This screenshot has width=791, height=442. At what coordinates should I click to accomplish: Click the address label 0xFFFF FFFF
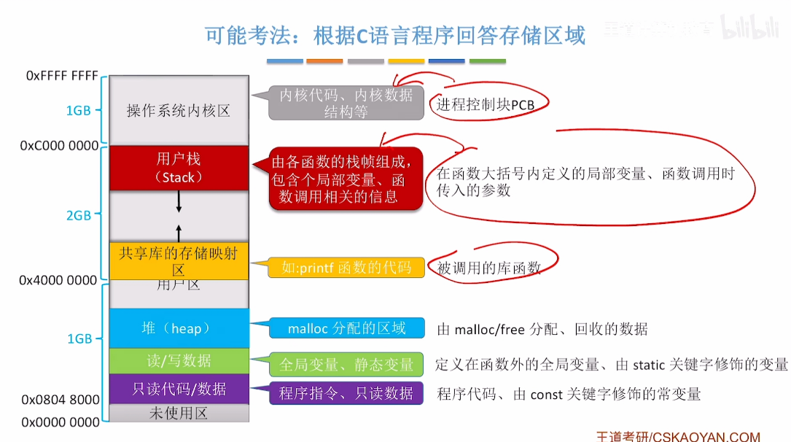coord(62,75)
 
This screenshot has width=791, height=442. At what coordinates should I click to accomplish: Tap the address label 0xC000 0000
coord(59,146)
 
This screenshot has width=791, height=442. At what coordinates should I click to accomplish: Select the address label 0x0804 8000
coord(61,400)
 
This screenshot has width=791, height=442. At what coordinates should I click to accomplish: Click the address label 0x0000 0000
coord(61,422)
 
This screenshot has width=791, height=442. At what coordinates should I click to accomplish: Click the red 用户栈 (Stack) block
coord(179,168)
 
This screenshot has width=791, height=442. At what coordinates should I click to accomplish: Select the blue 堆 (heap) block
coord(179,328)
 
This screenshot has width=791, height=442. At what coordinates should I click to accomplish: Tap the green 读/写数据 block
coord(179,360)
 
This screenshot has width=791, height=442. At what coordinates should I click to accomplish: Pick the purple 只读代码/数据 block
coord(179,389)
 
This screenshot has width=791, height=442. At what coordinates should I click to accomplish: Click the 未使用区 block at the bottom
coord(179,414)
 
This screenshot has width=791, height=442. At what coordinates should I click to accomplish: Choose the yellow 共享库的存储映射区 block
coord(179,259)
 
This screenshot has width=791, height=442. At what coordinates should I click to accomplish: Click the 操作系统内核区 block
coord(179,111)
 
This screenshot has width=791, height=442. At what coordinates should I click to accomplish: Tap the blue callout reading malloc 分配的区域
coord(346,328)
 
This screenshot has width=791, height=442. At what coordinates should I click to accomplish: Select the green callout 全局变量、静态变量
coord(346,364)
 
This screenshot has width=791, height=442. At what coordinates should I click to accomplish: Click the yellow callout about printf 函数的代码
coord(346,268)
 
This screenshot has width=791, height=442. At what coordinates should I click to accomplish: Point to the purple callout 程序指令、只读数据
coord(346,393)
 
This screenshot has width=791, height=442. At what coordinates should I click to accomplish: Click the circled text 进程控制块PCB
coord(486,105)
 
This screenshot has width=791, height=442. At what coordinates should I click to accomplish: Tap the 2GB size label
coord(79,215)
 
